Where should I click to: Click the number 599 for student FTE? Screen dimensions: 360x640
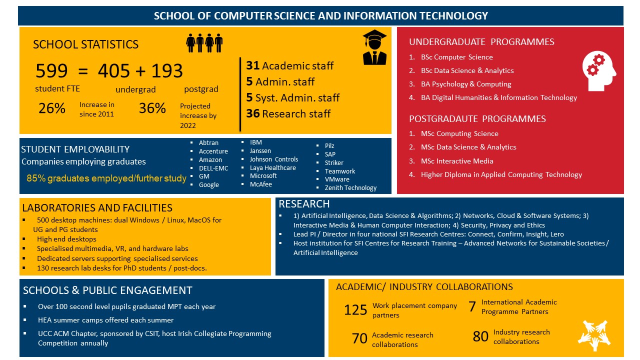click(51, 71)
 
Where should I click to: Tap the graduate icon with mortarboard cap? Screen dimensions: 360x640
click(374, 47)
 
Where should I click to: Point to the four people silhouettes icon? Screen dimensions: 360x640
click(204, 43)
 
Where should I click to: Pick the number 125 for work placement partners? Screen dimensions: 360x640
click(355, 310)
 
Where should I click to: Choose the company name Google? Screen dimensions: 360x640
click(209, 184)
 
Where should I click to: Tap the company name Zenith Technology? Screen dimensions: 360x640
click(350, 188)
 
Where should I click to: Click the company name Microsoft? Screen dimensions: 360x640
click(263, 176)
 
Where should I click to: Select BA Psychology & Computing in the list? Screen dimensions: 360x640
click(466, 84)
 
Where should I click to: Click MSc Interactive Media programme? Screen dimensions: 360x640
click(457, 161)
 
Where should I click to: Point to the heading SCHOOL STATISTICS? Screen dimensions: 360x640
click(85, 44)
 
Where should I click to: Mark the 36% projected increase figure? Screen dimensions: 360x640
click(152, 108)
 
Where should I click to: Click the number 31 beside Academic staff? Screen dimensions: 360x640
click(252, 65)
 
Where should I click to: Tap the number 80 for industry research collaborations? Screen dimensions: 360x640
click(480, 337)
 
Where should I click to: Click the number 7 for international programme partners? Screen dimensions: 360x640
click(472, 307)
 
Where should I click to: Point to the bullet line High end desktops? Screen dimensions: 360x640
click(66, 239)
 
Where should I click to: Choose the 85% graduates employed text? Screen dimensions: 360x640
click(106, 178)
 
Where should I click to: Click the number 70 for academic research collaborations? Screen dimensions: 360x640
click(359, 339)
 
